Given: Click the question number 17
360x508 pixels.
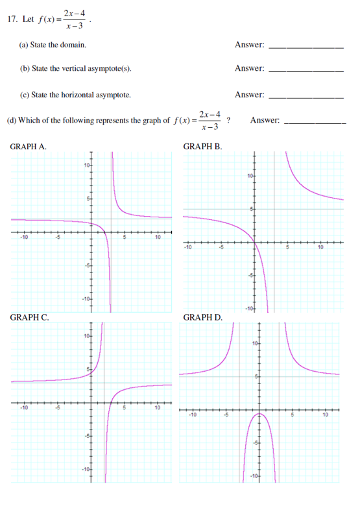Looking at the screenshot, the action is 12,19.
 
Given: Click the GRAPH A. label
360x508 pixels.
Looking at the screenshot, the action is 29,147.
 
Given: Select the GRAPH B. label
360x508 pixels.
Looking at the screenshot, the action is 203,147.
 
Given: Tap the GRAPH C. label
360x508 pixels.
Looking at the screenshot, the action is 29,317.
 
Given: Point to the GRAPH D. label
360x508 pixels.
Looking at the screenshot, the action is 204,317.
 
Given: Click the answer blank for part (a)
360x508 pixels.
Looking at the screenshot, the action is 306,47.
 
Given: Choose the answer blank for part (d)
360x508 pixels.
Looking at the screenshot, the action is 316,122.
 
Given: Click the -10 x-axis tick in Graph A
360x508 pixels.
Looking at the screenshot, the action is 23,237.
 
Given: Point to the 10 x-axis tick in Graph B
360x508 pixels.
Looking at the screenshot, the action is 320,247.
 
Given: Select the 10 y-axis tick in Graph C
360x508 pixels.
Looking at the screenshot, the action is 86,335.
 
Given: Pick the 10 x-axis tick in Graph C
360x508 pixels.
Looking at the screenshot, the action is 157,407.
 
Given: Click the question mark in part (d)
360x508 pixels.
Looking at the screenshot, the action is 229,119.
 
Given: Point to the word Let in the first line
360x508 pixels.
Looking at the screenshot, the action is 28,19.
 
